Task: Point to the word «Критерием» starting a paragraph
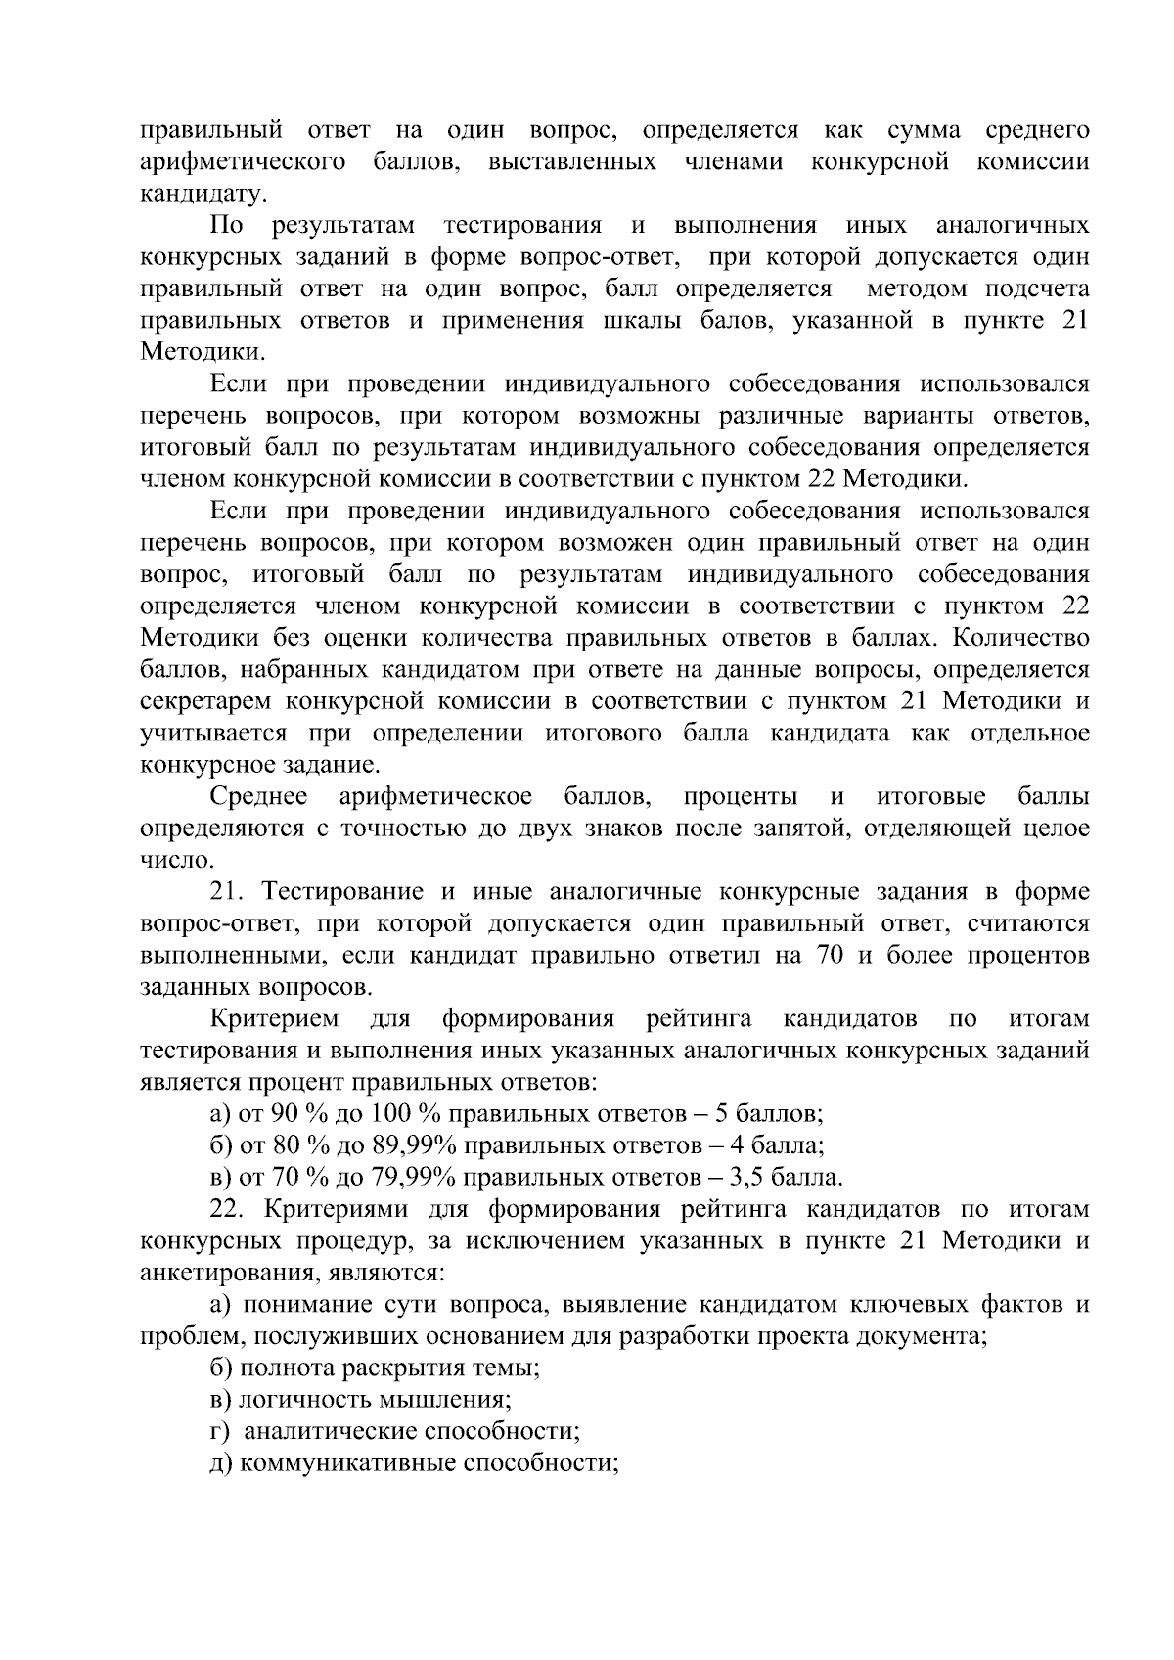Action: point(274,1019)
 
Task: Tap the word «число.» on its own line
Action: point(176,861)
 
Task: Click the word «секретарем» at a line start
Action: point(209,702)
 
